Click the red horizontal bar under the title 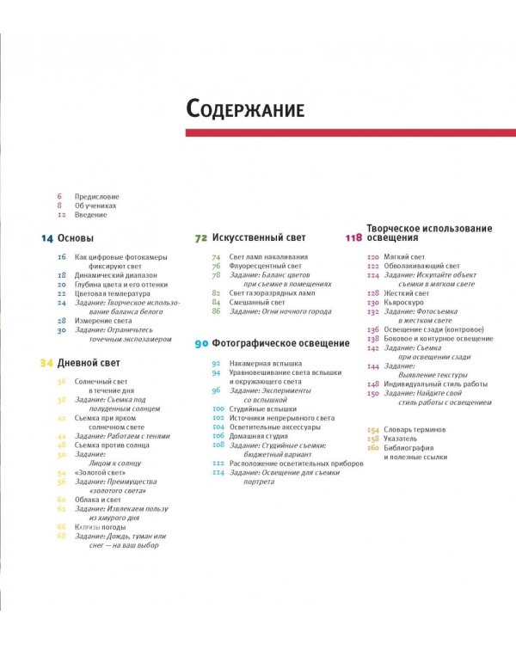(351, 132)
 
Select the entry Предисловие (97, 197)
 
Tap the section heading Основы (76, 238)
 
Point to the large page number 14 (47, 238)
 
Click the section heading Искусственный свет (248, 238)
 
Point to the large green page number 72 (201, 238)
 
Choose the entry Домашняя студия (259, 436)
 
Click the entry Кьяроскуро (404, 303)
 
